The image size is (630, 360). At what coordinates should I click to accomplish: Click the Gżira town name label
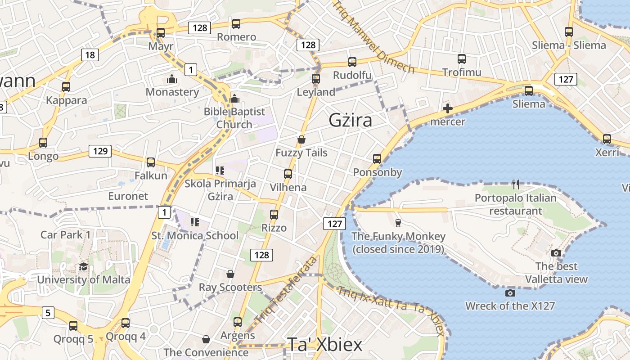coord(351,121)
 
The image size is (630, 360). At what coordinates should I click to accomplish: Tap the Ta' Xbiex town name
coord(324,345)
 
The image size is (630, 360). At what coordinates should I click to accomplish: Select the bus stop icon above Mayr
coord(161,33)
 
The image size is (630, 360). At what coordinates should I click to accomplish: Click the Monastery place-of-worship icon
coord(172,79)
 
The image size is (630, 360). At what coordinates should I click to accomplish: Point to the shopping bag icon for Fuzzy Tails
coord(301,140)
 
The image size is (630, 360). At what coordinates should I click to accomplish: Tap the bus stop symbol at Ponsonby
coord(377,159)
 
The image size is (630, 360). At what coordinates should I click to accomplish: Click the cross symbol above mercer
coord(448,108)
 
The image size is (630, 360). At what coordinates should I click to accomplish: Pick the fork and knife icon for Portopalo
coord(516,184)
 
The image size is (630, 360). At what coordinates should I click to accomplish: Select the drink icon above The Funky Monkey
coord(398,223)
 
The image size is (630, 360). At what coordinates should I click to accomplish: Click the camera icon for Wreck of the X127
coord(510,293)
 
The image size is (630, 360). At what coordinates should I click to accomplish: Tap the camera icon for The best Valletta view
coord(556,253)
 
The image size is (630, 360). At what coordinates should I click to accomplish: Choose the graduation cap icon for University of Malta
coord(83,267)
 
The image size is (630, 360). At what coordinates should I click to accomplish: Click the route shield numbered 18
coord(90,55)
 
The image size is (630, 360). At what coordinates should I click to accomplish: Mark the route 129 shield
coord(100,151)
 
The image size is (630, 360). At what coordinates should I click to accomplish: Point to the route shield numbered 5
coord(48,312)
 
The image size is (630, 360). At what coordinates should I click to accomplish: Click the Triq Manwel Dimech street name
coord(373,36)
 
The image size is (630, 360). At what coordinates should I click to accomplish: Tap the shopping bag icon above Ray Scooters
coord(230,274)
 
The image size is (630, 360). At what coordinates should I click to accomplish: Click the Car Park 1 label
coord(66,235)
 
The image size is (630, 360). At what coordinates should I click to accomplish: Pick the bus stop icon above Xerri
coord(607,139)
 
